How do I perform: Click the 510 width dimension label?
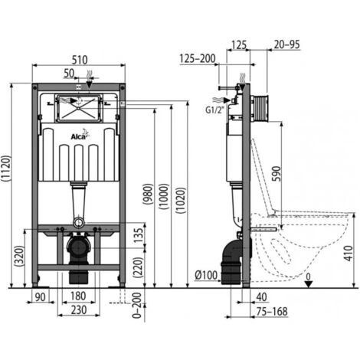click(x=80, y=60)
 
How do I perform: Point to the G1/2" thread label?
click(x=214, y=110)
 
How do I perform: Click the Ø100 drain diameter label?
click(x=206, y=275)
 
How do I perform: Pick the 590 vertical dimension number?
click(x=277, y=174)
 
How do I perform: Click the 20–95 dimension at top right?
click(x=286, y=44)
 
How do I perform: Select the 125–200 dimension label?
click(x=198, y=59)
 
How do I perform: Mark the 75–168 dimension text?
click(x=272, y=312)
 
